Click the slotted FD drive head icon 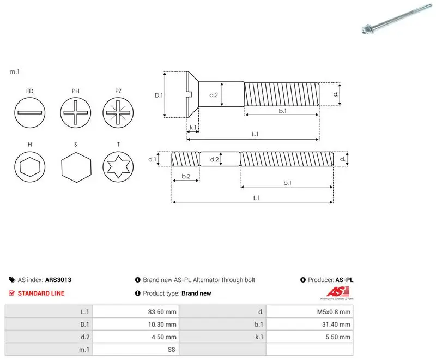tap(30, 113)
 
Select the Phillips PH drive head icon tap(76, 113)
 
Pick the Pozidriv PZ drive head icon tap(118, 113)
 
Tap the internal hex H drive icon tap(30, 167)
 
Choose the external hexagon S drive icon tap(76, 167)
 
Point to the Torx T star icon tap(118, 167)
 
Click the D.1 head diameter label tap(159, 95)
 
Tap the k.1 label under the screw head tap(193, 128)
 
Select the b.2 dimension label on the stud tap(186, 176)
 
